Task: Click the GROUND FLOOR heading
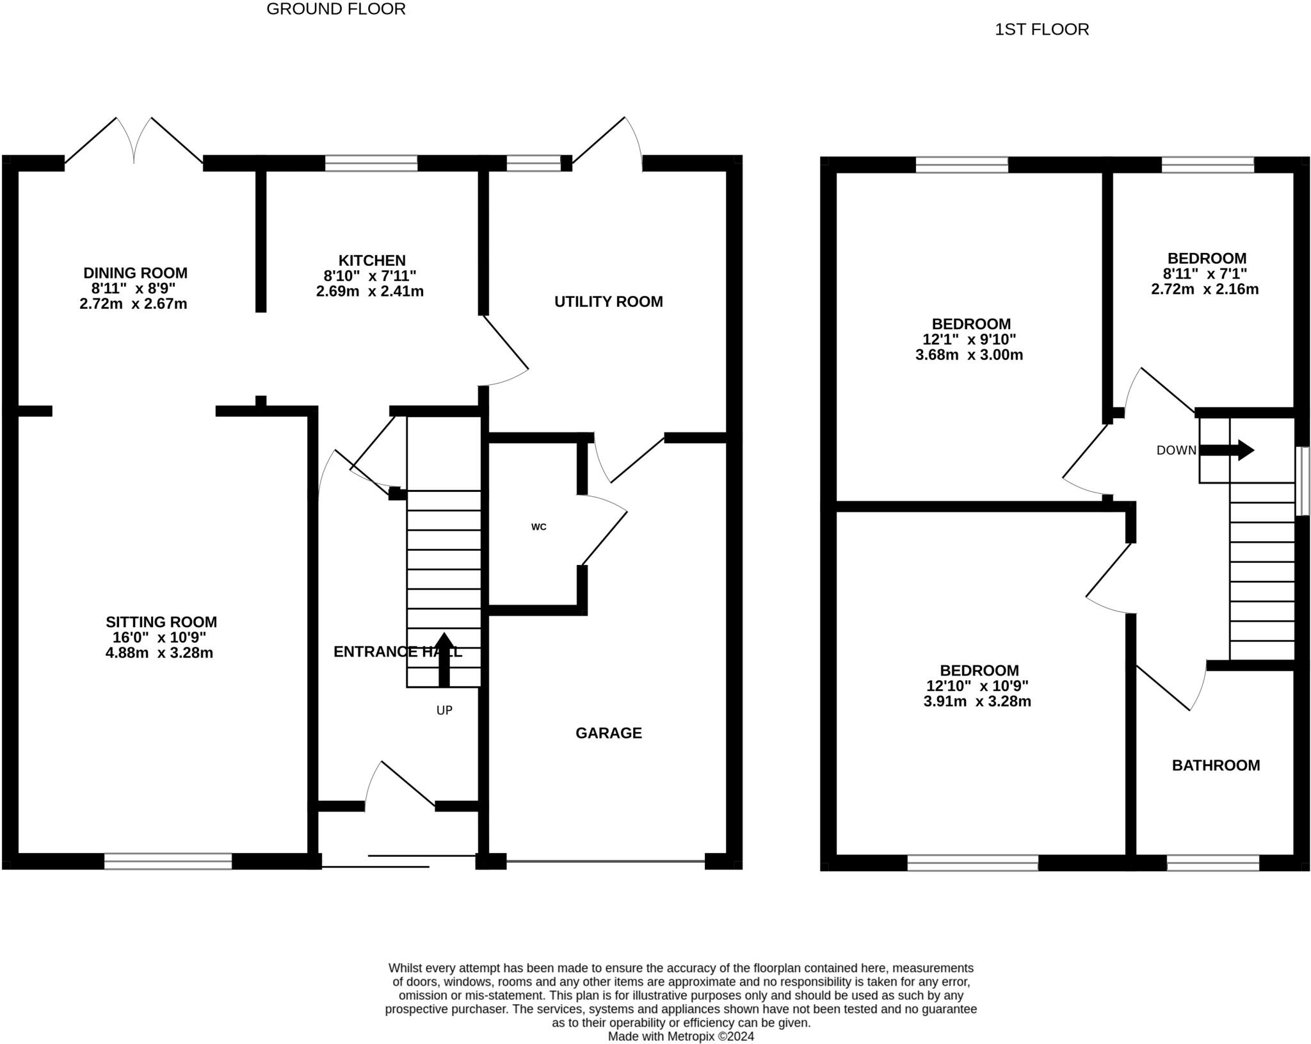coord(335,9)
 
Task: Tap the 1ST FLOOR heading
coord(1042,29)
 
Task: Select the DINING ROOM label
coord(135,273)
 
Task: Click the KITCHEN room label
coord(372,261)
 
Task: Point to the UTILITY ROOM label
coord(608,302)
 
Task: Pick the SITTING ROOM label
coord(161,622)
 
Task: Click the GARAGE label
coord(608,733)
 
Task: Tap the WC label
coord(538,527)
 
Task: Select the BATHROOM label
coord(1216,765)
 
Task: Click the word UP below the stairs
coord(444,710)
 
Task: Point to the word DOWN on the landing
coord(1176,450)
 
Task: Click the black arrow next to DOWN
coord(1227,450)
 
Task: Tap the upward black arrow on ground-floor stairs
coord(444,660)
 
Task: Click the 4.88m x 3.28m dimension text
coord(159,653)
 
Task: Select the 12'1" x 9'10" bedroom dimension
coord(969,339)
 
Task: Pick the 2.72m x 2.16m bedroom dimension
coord(1205,289)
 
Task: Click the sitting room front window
coord(168,861)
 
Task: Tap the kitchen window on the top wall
coord(371,163)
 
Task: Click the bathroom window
coord(1213,863)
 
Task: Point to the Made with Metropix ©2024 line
coord(681,1036)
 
